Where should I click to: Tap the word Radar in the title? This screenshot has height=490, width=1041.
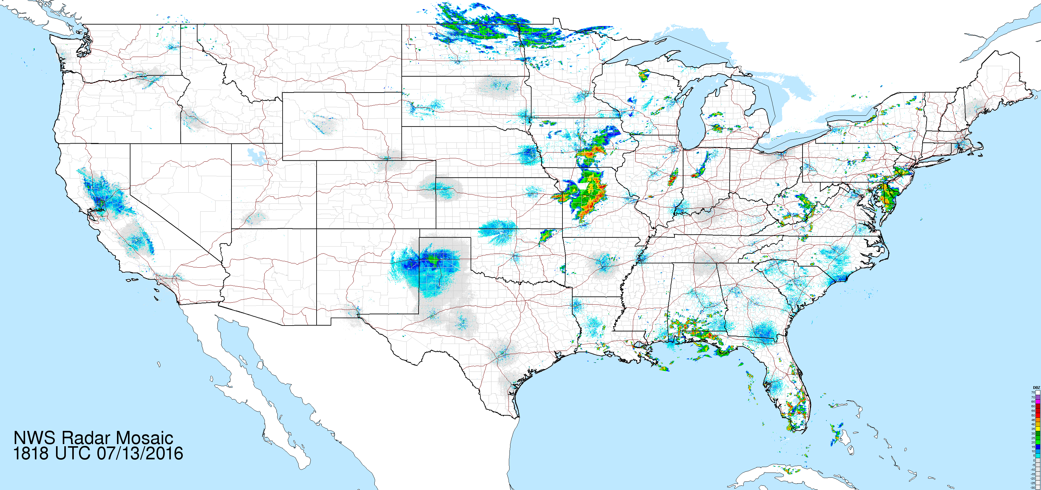click(x=86, y=438)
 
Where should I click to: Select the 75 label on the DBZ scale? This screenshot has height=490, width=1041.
click(x=1033, y=393)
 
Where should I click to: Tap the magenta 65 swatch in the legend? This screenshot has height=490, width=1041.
click(x=1038, y=401)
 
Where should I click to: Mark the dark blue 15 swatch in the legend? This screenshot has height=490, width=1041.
click(x=1038, y=447)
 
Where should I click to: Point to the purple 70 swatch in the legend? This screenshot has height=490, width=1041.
click(x=1038, y=397)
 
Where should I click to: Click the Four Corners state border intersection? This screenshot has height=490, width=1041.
click(x=316, y=229)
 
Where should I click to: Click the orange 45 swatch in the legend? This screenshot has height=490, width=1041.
click(x=1038, y=420)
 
